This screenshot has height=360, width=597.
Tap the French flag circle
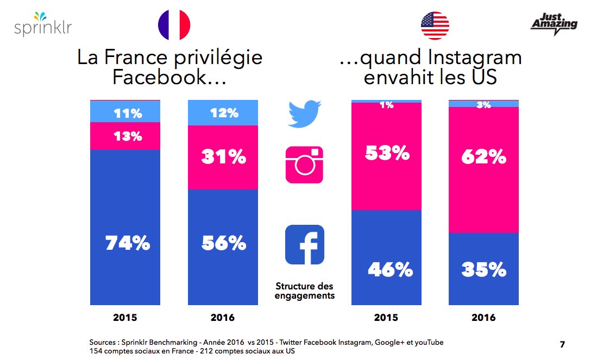coord(173,26)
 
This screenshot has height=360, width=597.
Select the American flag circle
coord(435,26)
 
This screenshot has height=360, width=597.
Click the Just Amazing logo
coord(553,24)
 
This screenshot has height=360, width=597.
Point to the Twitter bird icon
coord(304,114)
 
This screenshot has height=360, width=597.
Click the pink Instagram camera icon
coord(304,164)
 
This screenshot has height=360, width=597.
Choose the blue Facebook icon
coord(304,244)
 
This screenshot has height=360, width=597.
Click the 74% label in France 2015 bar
coord(128,244)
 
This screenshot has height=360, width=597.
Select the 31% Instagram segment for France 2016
coord(224,157)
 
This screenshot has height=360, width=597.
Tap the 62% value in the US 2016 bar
coord(484,157)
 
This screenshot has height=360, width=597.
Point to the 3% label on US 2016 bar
coord(483,104)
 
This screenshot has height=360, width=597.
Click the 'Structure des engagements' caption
coord(304,290)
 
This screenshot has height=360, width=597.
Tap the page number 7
coord(562,344)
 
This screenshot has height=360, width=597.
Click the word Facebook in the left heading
coord(161,77)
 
